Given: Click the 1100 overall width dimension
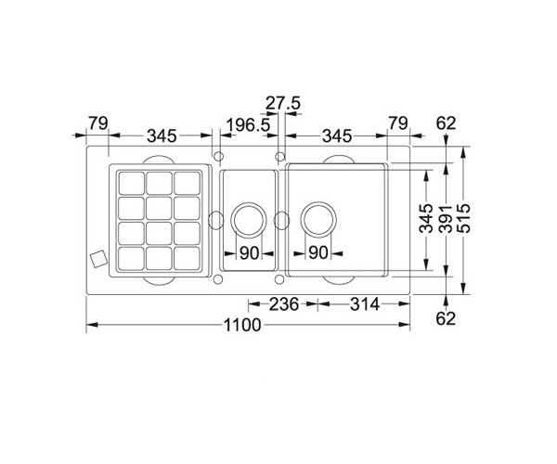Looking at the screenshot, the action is click(x=242, y=325).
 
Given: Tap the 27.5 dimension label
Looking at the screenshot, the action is click(x=283, y=103).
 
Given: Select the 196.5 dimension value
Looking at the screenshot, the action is click(x=248, y=125).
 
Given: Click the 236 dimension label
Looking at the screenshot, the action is click(x=283, y=304).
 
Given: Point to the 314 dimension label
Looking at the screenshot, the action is click(x=365, y=304).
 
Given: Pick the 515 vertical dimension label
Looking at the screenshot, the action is click(x=463, y=218).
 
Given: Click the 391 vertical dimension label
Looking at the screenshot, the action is click(x=445, y=219).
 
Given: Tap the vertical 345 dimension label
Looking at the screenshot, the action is click(x=426, y=218).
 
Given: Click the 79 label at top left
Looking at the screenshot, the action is click(x=98, y=123).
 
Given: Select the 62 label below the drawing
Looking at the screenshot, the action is click(x=446, y=318).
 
